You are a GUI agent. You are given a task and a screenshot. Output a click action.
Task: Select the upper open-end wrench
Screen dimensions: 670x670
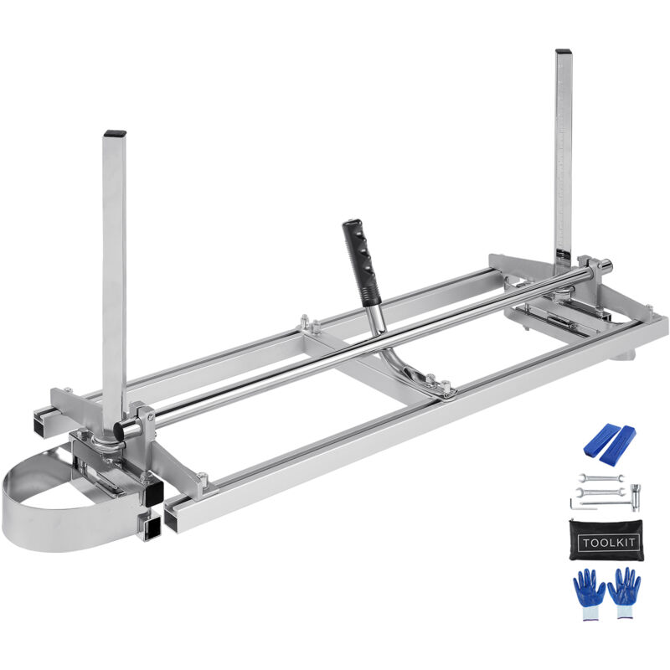[x=601, y=477]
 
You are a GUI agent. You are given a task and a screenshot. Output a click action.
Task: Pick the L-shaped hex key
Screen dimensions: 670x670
[x=578, y=507]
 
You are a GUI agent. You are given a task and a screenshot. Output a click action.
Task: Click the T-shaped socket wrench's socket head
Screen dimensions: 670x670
[x=636, y=497]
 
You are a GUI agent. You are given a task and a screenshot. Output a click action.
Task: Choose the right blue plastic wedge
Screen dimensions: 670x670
[x=618, y=446]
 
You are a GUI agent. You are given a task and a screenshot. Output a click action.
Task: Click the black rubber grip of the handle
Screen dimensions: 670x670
[x=362, y=261]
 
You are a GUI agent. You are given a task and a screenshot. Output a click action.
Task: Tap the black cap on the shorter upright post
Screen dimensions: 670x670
[x=115, y=133]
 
